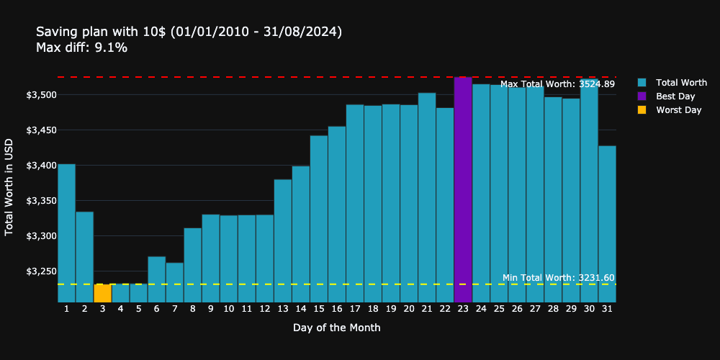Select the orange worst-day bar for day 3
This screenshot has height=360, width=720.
coord(102,293)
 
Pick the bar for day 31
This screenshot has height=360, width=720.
coord(607,224)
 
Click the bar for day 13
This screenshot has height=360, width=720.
coord(283,240)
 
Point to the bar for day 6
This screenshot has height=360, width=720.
coord(156,279)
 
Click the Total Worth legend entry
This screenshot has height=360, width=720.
coord(681,83)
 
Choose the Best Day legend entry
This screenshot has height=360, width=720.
coord(675,96)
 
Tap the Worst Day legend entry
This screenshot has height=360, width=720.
coord(678,110)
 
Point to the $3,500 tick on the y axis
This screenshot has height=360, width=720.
coord(41,95)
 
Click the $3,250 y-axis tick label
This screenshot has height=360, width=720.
coord(41,271)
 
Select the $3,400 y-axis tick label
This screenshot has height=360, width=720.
coord(41,166)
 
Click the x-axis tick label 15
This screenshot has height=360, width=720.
coord(318,309)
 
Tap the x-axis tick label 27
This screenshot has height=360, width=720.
coord(535,309)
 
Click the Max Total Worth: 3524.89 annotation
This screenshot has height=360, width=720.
coord(557,84)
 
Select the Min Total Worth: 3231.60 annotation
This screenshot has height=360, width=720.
coord(558,278)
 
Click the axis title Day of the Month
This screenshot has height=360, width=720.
coord(336,328)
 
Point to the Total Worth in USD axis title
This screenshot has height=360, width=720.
coord(9,186)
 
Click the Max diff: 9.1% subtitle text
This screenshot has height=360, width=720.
coord(81,48)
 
